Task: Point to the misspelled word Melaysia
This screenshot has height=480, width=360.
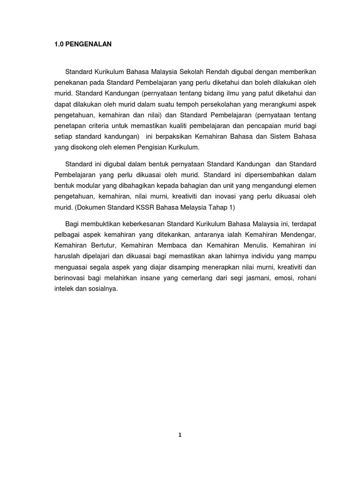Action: pos(197,207)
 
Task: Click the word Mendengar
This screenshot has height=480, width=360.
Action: pos(297,234)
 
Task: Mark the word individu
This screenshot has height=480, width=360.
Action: pos(270,256)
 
